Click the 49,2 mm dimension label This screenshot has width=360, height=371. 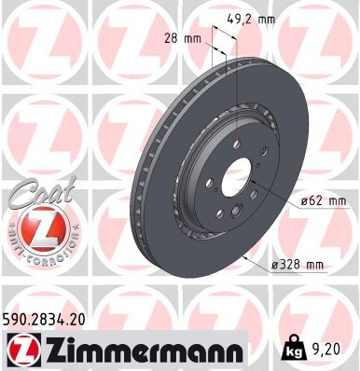coord(251,20)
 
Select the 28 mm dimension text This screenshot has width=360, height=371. coord(183,39)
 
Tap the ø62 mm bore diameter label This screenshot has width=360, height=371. coord(323,200)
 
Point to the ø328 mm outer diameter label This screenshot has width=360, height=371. coord(298,265)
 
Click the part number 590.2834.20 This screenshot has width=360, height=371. coord(44,320)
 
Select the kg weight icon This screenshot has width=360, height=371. coord(292,350)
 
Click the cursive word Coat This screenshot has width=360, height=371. coord(43,192)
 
